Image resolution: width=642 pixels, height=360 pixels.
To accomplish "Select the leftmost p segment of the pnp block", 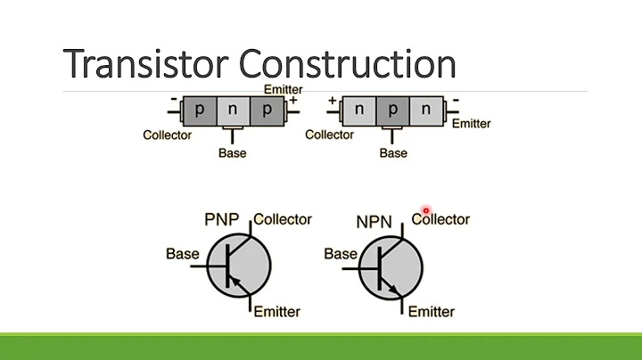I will point(198,110).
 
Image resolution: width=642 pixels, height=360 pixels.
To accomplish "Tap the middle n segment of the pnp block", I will point(232,110).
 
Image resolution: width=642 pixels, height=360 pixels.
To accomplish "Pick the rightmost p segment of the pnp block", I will point(266,110).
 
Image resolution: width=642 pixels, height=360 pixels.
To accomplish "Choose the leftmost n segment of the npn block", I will point(358,110).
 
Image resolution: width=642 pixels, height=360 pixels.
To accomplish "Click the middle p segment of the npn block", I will point(392,110).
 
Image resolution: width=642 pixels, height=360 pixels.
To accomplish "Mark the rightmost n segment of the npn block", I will point(426,110).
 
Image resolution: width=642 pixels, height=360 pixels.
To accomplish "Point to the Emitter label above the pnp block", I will point(284,89).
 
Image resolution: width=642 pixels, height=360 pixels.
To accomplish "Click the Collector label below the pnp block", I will point(167,135).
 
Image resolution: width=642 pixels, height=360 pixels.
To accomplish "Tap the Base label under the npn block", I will point(392,153).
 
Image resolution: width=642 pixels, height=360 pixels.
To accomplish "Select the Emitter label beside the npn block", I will point(471,124).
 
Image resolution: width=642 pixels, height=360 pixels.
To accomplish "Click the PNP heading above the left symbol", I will point(223,219).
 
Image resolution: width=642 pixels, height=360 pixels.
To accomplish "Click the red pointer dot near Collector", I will point(427,211).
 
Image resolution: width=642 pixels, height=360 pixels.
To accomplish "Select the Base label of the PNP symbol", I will point(183,254).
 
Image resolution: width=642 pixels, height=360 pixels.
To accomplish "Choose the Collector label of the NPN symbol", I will point(440,219).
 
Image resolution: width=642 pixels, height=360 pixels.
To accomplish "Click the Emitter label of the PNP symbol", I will point(276,311).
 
